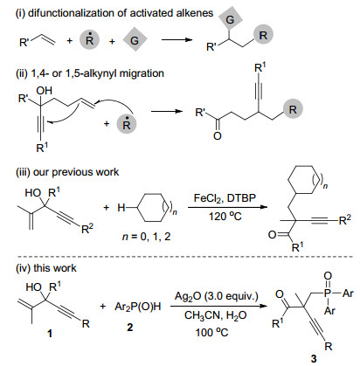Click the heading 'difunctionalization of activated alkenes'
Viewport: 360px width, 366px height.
click(121, 13)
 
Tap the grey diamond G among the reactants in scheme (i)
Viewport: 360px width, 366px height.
click(135, 39)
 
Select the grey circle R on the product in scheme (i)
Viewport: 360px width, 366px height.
click(263, 35)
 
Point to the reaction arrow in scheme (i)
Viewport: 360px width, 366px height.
click(177, 40)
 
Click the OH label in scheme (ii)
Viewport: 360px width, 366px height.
click(44, 91)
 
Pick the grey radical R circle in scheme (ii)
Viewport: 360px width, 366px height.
click(127, 124)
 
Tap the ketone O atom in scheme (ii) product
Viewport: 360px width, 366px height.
click(218, 135)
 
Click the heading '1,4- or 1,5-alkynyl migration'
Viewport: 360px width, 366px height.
click(98, 73)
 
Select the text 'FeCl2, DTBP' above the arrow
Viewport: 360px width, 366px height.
click(225, 198)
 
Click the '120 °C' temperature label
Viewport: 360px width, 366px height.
click(225, 217)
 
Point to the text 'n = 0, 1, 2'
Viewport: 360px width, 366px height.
click(146, 237)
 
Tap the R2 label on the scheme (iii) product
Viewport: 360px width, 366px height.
click(345, 219)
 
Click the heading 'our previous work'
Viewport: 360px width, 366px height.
click(76, 172)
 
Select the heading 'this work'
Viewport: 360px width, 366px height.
click(55, 268)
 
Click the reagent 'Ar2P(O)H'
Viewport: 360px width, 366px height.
click(138, 307)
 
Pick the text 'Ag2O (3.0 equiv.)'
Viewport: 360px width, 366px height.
click(217, 296)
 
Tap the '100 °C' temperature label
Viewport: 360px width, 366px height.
click(211, 332)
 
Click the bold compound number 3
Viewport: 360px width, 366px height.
click(314, 358)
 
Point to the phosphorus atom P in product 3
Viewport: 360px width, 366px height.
click(329, 293)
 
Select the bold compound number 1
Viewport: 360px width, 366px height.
click(50, 333)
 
